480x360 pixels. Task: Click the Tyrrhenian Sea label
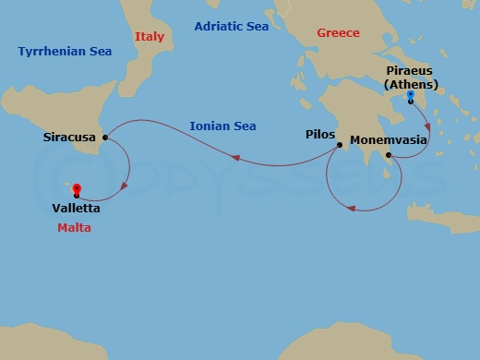click(x=64, y=52)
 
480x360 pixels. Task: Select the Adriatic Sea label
click(x=231, y=27)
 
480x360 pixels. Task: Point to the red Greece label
click(x=338, y=32)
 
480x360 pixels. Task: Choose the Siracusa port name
click(x=70, y=138)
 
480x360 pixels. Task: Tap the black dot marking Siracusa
click(x=105, y=138)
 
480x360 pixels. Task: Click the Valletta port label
click(x=77, y=209)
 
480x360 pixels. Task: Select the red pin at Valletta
click(x=76, y=190)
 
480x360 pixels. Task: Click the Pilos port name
click(x=319, y=135)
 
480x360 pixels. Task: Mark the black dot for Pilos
click(x=340, y=143)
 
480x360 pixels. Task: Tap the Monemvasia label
click(x=389, y=144)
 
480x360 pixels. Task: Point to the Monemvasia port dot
click(x=389, y=156)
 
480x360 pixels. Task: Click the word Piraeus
click(x=410, y=70)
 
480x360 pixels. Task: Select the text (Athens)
click(x=411, y=85)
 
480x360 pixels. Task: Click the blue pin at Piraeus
click(x=411, y=95)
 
